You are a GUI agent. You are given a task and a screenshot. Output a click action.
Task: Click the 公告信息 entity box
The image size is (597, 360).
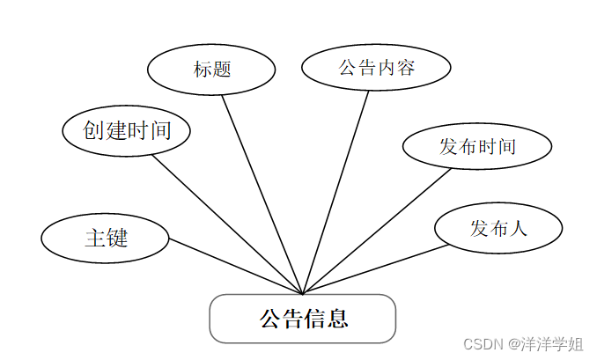(302, 318)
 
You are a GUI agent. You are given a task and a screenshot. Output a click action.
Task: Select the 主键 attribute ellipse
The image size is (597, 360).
(105, 238)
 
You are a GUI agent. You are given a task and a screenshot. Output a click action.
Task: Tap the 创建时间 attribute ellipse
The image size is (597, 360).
(127, 131)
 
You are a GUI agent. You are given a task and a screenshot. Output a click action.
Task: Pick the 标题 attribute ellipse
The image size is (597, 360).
(212, 69)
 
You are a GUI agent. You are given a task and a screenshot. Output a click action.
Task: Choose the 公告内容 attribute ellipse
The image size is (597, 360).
(376, 68)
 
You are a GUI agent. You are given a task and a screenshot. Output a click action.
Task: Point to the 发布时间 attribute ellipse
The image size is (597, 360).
(477, 146)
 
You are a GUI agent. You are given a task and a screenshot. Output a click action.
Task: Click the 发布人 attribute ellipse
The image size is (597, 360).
(498, 229)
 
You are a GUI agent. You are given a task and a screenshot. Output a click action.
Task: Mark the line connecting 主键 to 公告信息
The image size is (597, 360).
(235, 267)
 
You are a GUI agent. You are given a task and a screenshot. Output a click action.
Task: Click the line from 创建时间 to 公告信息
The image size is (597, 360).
(227, 224)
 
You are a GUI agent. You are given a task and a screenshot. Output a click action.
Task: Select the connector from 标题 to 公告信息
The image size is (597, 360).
(262, 194)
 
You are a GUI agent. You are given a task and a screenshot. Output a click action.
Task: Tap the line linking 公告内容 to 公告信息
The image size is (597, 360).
(336, 191)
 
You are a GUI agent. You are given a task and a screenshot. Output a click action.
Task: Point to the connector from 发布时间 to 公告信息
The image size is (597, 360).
(378, 231)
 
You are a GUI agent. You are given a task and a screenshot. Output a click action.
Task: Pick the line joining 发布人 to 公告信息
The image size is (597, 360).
(377, 269)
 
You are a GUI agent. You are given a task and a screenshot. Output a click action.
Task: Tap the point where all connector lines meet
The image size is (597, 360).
(303, 294)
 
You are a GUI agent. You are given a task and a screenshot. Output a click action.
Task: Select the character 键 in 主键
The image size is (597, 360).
(116, 238)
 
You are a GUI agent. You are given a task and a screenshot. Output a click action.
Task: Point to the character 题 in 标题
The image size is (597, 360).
(222, 69)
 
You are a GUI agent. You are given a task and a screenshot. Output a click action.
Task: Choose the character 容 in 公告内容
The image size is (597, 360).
(404, 68)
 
